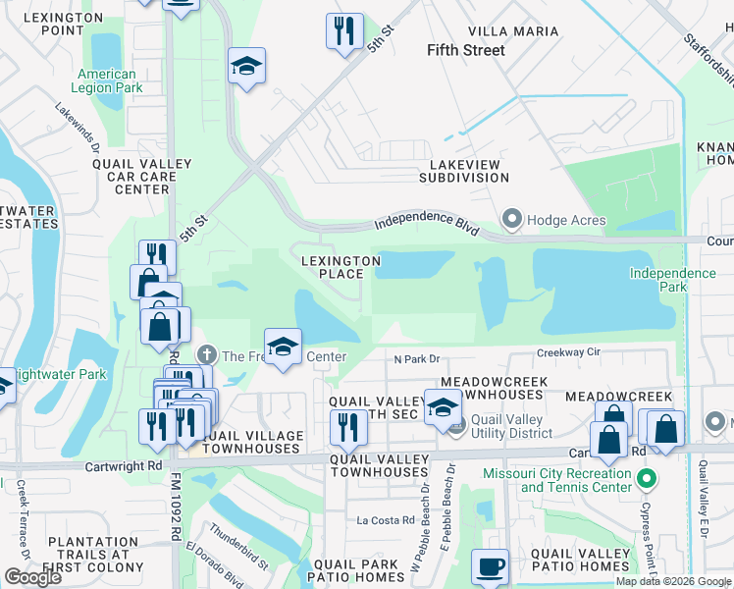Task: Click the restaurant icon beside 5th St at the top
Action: pos(344,31)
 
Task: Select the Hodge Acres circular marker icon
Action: pos(511,218)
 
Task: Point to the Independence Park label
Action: pos(672,280)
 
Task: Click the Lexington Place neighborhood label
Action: pos(340,267)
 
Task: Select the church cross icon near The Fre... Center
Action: pos(206,353)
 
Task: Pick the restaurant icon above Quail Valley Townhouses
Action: pos(346,426)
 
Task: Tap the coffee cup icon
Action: pos(490,565)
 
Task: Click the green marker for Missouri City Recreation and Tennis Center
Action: pos(646,480)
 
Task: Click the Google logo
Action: pos(33,576)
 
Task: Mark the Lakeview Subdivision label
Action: pos(464,171)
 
